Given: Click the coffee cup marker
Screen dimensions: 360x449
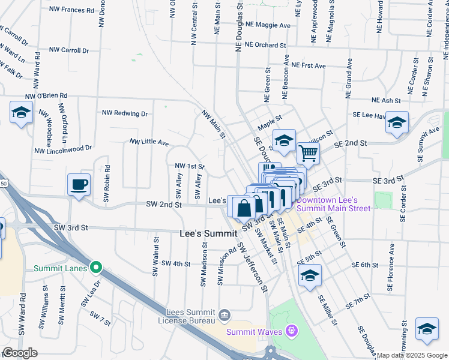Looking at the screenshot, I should click(78, 184).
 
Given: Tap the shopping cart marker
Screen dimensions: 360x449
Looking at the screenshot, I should click(308, 152).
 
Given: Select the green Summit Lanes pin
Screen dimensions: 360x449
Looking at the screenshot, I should click(95, 267).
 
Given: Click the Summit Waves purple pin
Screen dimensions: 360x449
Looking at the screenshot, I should click(292, 330).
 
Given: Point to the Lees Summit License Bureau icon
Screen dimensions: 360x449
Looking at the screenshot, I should click(224, 314).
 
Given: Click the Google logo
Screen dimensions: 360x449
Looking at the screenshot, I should click(20, 353).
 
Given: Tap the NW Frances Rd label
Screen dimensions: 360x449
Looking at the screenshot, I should click(73, 10).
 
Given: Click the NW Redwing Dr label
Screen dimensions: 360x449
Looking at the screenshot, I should click(125, 113).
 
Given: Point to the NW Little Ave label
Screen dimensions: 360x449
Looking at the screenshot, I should click(149, 142).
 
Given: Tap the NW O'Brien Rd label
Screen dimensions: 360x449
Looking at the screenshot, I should click(46, 95).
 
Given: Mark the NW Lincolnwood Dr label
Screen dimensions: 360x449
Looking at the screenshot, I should click(63, 148).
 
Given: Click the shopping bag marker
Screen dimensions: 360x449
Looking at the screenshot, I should click(244, 208).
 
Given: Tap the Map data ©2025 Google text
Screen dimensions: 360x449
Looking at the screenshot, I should click(412, 355).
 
